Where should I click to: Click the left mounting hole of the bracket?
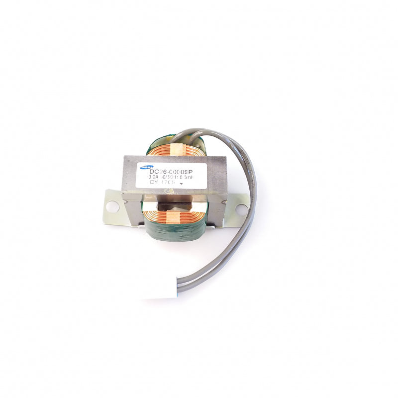pos(112,205)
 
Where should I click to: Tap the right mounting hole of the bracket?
pos(241,209)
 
